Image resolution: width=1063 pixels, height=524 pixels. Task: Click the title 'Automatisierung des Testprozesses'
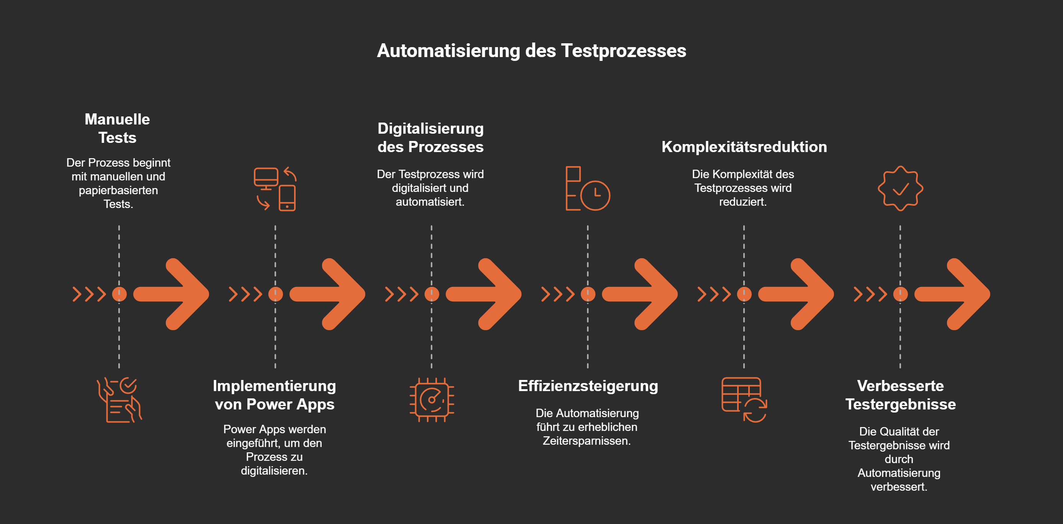point(531,51)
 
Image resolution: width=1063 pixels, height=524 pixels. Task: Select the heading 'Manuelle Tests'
point(117,128)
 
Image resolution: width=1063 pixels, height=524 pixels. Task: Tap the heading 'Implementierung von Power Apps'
point(275,395)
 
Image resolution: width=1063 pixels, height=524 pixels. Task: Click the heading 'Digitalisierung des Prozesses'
point(430,138)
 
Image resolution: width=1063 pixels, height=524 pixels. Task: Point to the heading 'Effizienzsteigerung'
point(588,386)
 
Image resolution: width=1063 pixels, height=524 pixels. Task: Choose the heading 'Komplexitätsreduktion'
point(744,147)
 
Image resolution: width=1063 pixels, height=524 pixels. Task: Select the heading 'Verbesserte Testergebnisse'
point(900,395)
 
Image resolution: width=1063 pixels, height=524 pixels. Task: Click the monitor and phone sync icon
point(275,189)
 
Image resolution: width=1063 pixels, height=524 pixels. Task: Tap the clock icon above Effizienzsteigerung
point(588,189)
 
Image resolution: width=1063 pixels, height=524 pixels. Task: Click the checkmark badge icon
point(900,189)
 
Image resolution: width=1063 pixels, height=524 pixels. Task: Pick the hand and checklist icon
point(119,400)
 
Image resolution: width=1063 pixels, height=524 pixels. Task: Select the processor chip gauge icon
point(432,400)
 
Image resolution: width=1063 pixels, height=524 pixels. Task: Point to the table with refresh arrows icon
point(744,400)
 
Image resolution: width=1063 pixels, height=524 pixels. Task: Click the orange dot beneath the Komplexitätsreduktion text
point(744,294)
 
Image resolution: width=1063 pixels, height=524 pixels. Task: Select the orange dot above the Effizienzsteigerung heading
point(588,294)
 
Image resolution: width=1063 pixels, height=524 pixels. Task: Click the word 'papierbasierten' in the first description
point(118,190)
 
